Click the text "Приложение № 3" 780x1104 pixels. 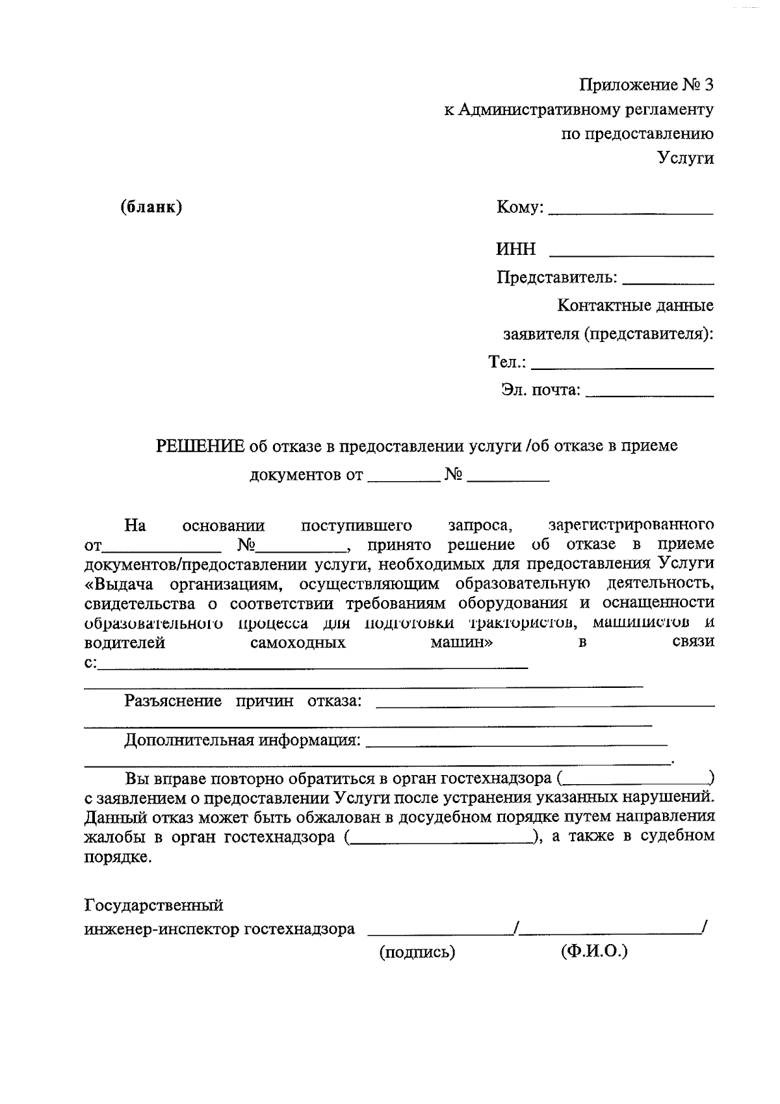click(x=646, y=85)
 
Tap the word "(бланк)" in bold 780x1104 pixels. click(x=151, y=207)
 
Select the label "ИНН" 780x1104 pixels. click(x=516, y=249)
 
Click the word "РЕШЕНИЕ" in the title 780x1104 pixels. click(x=200, y=446)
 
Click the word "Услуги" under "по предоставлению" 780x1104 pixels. click(x=685, y=158)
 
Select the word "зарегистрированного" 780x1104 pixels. click(x=630, y=525)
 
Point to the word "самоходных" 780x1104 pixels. click(x=298, y=643)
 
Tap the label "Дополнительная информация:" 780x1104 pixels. click(x=242, y=741)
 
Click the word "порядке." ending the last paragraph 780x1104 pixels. click(x=118, y=857)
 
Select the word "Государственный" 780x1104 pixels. click(x=154, y=905)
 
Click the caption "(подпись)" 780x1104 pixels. click(x=417, y=953)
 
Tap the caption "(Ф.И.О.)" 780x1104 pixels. click(x=593, y=952)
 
